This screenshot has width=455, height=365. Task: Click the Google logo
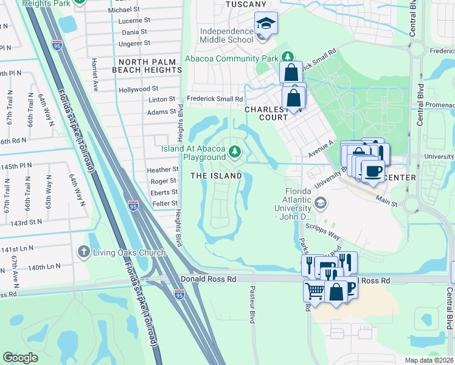pyautogui.click(x=21, y=357)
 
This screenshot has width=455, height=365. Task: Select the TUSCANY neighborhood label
pyautogui.click(x=246, y=4)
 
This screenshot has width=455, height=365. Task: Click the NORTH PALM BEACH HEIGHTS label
pyautogui.click(x=147, y=66)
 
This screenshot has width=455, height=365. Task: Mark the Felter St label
pyautogui.click(x=165, y=203)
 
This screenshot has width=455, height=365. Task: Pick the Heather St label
pyautogui.click(x=163, y=170)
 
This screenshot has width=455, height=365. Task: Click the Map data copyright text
pyautogui.click(x=429, y=360)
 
